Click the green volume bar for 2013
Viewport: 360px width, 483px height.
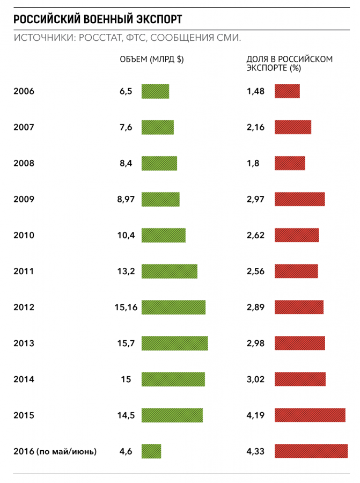point(174,343)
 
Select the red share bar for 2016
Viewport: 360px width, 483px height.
point(311,451)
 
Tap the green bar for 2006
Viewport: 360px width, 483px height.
point(155,91)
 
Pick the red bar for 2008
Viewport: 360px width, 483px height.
point(290,163)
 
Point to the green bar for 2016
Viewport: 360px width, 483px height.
point(151,451)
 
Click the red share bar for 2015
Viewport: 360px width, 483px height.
point(310,415)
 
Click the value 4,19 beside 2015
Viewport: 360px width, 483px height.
point(255,415)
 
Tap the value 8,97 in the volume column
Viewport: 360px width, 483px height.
point(127,199)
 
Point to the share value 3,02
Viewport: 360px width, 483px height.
point(255,379)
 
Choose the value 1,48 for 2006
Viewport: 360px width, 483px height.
point(255,91)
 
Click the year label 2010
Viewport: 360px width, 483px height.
point(24,235)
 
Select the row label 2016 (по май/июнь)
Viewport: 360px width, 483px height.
point(55,451)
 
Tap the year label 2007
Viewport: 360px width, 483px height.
point(24,127)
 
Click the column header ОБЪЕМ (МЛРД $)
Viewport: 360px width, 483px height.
point(151,60)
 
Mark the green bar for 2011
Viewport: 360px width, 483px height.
point(169,271)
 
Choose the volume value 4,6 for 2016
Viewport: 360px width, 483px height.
point(127,451)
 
